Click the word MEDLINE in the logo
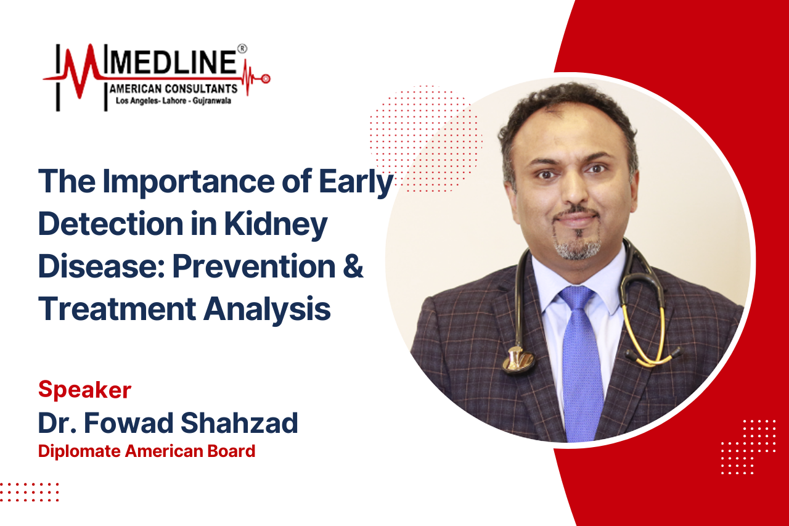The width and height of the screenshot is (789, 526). click(173, 62)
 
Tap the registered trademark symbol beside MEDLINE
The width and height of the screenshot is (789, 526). click(242, 49)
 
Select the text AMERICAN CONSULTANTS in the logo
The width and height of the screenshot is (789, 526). click(173, 89)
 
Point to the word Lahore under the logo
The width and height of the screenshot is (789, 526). click(174, 101)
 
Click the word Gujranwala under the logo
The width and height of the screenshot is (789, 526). click(211, 101)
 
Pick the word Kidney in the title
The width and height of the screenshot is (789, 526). click(276, 225)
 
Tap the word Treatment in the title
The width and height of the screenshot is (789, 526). click(117, 308)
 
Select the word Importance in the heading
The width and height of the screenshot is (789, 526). click(189, 182)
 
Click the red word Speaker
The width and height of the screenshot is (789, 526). click(85, 390)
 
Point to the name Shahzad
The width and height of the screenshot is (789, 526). click(240, 422)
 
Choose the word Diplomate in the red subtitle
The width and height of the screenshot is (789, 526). click(80, 451)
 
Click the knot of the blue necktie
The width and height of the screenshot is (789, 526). click(576, 298)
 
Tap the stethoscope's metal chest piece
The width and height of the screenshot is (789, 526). click(518, 360)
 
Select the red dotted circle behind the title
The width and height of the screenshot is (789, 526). click(425, 139)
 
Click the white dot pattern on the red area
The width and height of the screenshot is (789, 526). click(748, 446)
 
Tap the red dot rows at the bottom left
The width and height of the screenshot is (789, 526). click(29, 492)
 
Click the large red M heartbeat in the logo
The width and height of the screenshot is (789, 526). click(82, 70)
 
